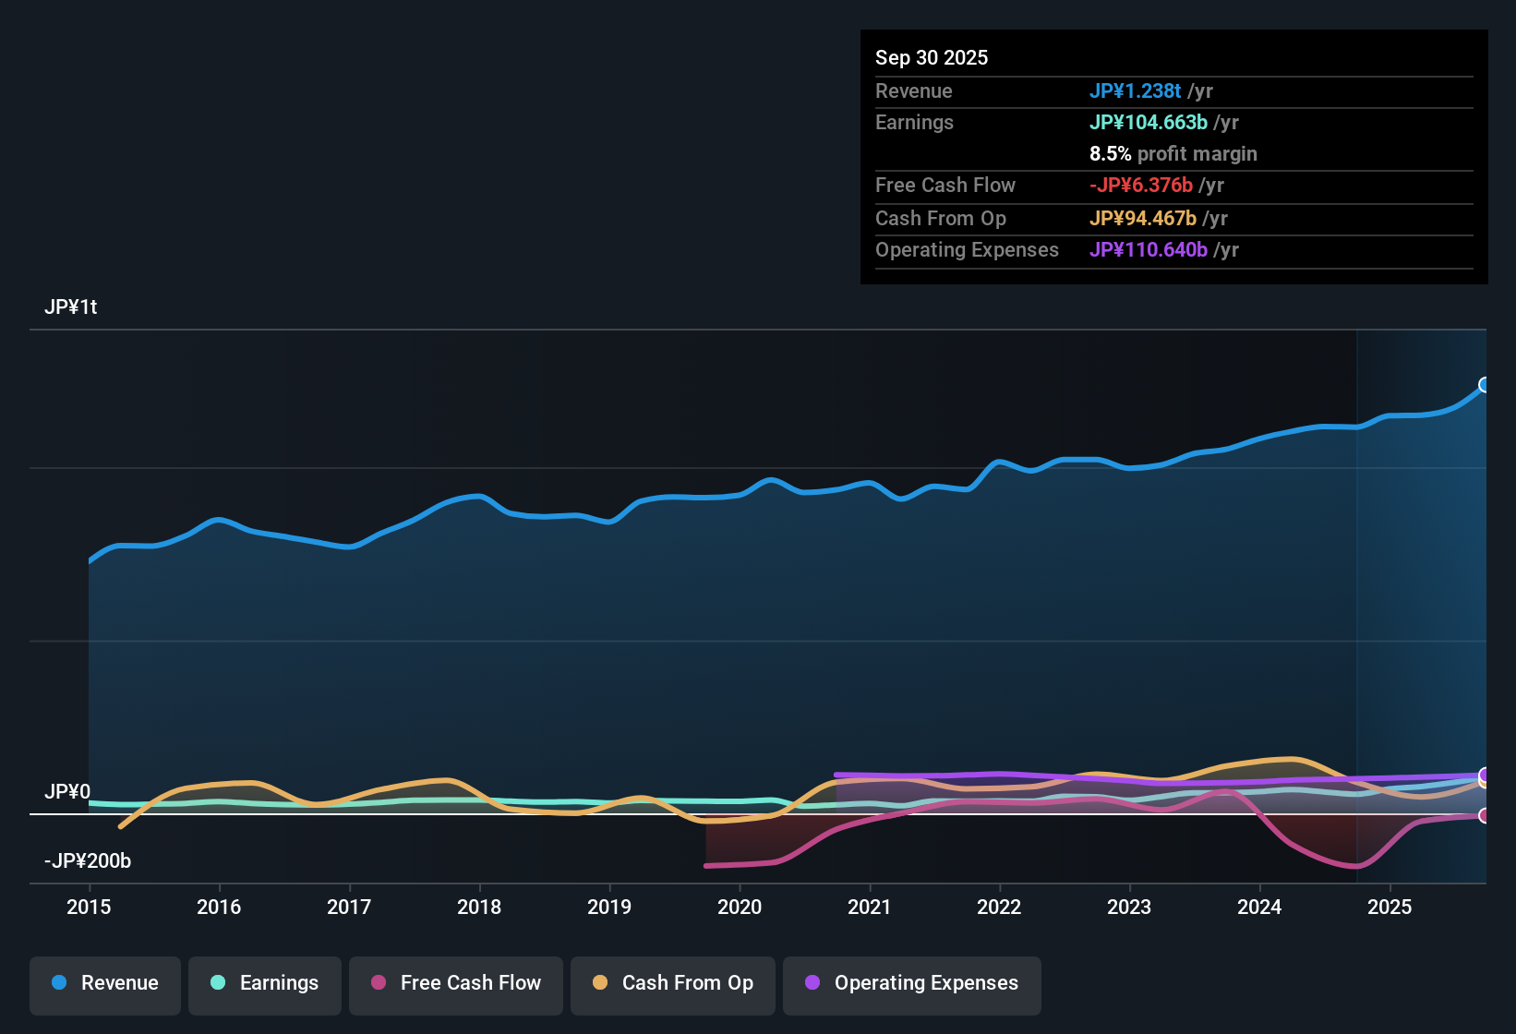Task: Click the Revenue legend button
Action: pos(105,983)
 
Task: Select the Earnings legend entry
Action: pos(265,983)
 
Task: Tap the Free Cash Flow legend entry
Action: pos(456,983)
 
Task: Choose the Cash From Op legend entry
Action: pos(673,983)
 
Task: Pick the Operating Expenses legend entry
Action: pos(912,983)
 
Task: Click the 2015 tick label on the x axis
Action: pos(89,908)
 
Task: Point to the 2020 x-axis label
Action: pos(740,908)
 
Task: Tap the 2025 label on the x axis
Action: pos(1390,908)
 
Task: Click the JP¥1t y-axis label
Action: pos(70,307)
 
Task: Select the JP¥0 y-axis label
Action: pos(67,792)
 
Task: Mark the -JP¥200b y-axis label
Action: pos(88,861)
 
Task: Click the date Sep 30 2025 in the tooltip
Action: pos(932,58)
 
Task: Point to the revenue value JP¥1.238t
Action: pos(1135,91)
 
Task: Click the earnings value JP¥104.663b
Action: pos(1148,123)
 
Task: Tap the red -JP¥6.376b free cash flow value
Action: pos(1140,186)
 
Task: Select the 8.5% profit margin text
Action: pos(1173,154)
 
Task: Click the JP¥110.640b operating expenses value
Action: pos(1148,250)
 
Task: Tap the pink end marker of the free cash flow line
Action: pos(1484,815)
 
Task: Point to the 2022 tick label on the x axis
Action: pos(999,908)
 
